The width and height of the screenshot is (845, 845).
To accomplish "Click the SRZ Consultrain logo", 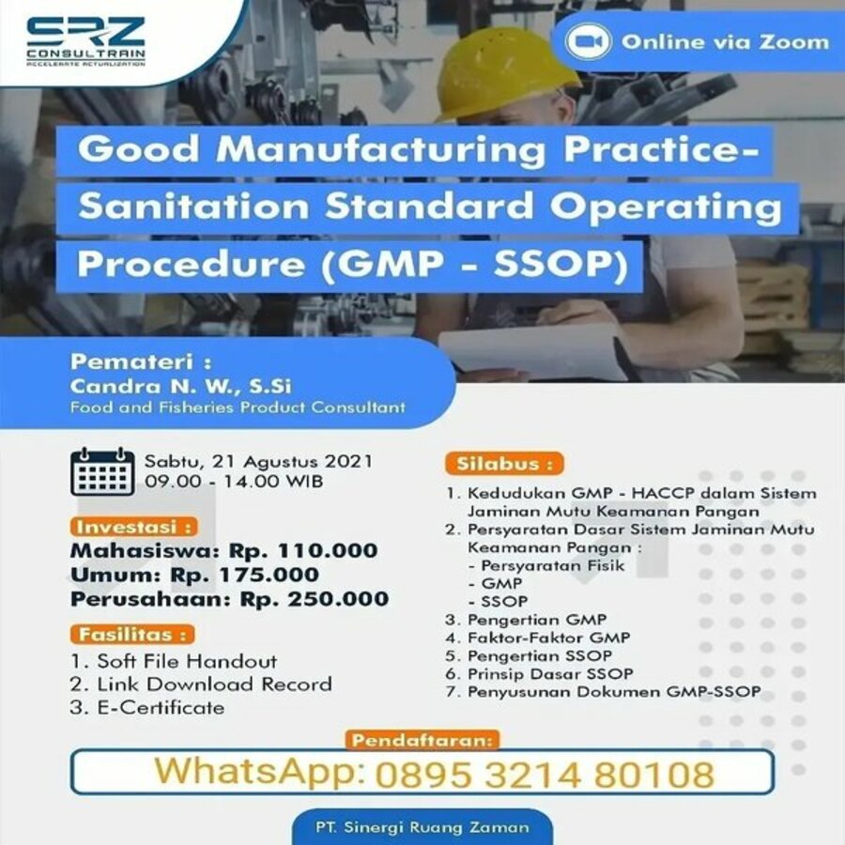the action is coord(85,41).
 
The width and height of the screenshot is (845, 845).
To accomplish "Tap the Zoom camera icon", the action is coord(588,41).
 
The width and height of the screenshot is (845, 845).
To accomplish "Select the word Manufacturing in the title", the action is coord(381,150).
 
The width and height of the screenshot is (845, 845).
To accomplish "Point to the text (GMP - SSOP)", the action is coord(475,265).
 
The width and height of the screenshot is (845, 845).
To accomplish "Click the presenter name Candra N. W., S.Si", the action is coord(180,386).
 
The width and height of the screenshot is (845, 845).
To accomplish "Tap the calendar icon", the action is coord(102,471).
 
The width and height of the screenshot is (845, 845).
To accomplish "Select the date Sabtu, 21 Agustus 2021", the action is coord(258,462).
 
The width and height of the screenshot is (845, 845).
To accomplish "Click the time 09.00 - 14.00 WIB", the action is coord(234,481).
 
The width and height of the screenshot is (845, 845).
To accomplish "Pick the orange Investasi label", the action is coord(133,527).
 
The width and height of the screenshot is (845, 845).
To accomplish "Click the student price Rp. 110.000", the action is coord(303,551).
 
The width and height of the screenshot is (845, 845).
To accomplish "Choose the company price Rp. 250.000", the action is coord(315,599).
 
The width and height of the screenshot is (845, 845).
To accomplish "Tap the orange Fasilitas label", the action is coord(132,635).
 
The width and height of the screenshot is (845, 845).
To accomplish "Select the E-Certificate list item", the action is coord(147,708).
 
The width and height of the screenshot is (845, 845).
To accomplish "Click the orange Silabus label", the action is coord(504,464).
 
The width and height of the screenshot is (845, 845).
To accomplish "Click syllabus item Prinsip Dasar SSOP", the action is coord(540,673).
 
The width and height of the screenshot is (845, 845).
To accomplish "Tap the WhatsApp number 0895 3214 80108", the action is coord(545,775).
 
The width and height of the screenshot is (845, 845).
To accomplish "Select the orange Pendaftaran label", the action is coord(422,741).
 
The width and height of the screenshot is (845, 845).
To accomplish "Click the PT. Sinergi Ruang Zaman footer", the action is coord(422,827).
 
